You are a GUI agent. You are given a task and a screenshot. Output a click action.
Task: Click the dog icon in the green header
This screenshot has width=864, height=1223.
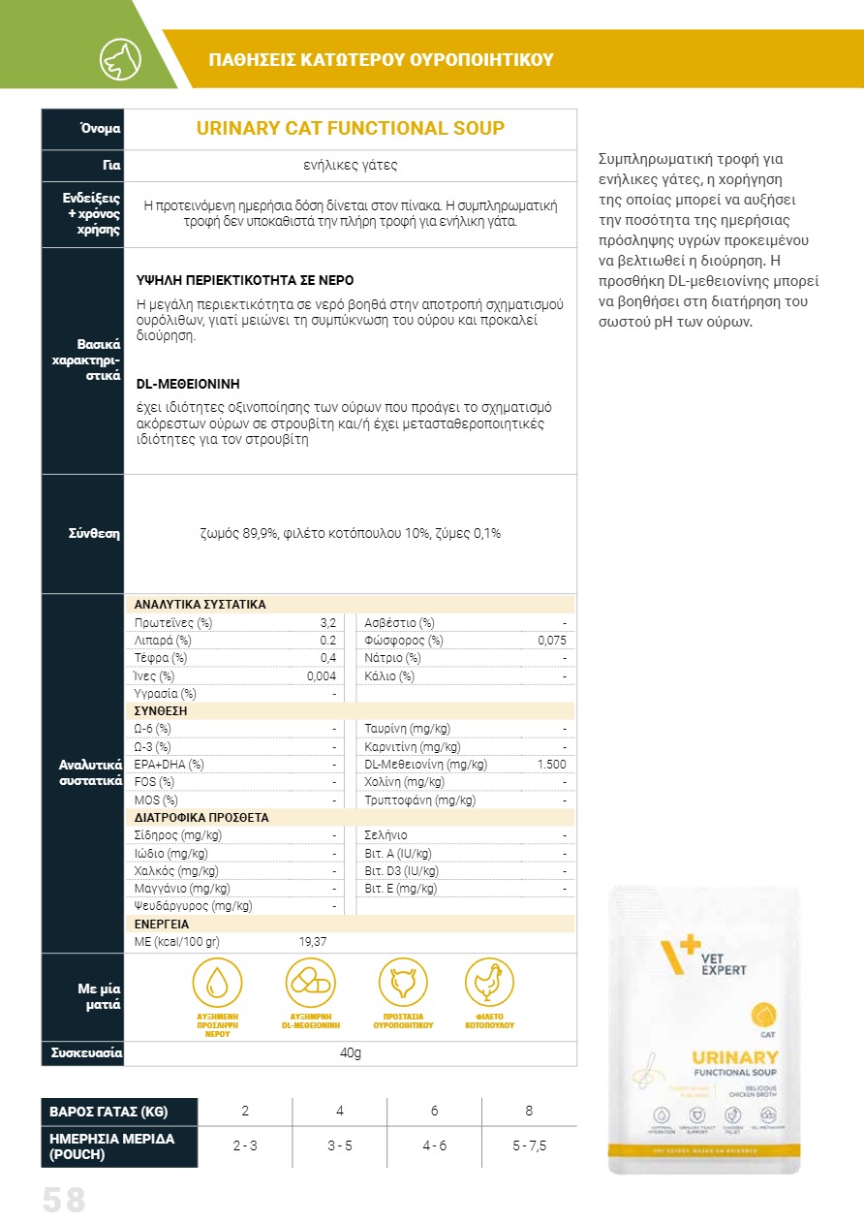[120, 59]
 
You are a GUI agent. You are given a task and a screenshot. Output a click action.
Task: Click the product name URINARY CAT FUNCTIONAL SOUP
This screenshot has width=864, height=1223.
[351, 129]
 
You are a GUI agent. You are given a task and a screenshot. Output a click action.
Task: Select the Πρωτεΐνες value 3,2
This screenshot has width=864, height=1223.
[327, 622]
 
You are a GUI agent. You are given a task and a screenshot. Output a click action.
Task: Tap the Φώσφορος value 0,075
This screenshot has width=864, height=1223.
[551, 641]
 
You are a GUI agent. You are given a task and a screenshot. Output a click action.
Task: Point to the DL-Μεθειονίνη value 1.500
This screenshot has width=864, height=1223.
[551, 765]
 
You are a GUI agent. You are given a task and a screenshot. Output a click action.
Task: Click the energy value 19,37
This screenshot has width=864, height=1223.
[313, 942]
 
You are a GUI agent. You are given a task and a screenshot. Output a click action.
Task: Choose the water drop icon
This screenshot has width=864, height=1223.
[217, 983]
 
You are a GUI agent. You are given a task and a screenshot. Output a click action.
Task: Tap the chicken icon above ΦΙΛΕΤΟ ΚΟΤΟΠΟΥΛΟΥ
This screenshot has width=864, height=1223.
[489, 983]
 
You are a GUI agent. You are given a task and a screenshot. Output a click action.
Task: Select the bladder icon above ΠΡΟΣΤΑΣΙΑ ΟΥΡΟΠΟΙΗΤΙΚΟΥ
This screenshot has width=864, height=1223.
[402, 983]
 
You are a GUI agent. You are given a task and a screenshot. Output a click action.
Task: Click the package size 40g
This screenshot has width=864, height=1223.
[351, 1053]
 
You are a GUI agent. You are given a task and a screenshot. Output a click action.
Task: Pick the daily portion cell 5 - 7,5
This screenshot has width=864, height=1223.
[529, 1145]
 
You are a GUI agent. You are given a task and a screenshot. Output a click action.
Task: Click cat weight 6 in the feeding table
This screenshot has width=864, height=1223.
[434, 1111]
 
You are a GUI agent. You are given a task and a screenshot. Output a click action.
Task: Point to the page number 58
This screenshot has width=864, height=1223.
[64, 1201]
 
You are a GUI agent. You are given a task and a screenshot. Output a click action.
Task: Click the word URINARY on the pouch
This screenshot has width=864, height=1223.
[735, 1057]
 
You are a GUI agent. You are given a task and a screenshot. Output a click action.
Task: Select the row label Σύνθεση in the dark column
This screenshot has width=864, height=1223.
[94, 534]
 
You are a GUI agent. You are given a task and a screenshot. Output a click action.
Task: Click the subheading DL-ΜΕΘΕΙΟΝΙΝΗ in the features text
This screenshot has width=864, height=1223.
[188, 384]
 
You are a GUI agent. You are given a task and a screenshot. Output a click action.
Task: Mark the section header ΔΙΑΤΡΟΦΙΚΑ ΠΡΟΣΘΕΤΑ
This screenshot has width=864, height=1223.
[201, 818]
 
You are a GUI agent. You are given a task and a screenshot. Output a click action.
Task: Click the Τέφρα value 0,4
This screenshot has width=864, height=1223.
[327, 658]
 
